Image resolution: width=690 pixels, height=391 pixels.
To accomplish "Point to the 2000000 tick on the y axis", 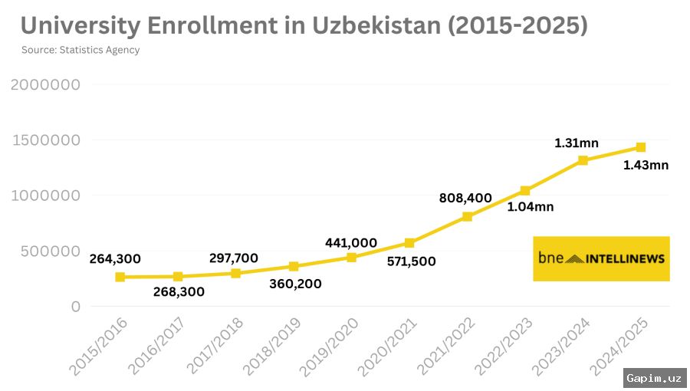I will click(x=45, y=85).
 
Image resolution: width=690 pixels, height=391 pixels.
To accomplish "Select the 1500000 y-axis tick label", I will click(x=45, y=140).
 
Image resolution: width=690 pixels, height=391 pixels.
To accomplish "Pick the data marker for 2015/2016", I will click(x=120, y=277).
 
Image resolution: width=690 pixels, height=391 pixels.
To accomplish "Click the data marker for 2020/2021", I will click(x=409, y=243).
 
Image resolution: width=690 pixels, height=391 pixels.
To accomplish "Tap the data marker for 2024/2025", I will click(x=641, y=147).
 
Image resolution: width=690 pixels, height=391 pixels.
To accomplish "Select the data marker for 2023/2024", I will click(x=583, y=160).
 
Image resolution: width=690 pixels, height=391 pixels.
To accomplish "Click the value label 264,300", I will click(x=115, y=259).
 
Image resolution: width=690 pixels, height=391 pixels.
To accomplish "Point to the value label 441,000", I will click(x=351, y=243).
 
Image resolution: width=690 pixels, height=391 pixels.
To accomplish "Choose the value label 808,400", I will click(x=465, y=198).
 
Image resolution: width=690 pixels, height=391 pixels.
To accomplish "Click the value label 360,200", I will click(x=295, y=284).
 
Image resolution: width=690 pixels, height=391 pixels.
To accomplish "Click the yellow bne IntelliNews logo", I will click(x=601, y=258).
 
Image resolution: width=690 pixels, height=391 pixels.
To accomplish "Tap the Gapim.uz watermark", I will click(x=653, y=377).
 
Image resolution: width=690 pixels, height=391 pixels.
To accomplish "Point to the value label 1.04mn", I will click(x=531, y=206).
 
